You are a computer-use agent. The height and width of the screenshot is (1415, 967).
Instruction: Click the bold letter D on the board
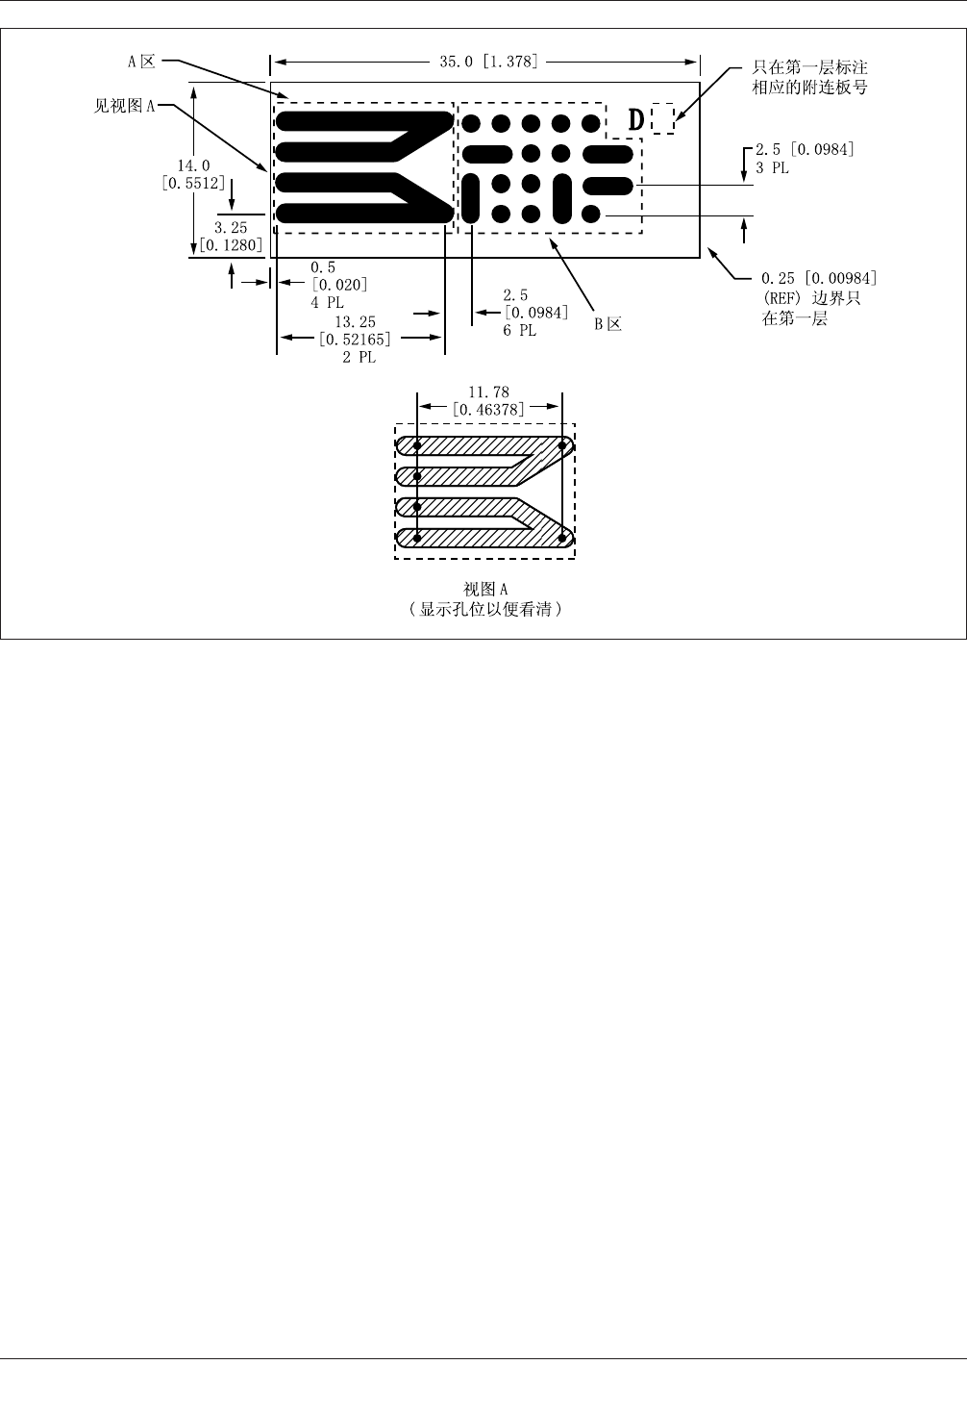(636, 120)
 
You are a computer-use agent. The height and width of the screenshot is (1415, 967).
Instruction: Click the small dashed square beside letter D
(662, 119)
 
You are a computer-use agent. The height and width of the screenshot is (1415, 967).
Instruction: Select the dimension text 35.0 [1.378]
(488, 63)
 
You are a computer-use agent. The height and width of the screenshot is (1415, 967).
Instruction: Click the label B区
(607, 324)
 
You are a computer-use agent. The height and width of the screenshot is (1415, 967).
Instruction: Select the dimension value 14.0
(193, 166)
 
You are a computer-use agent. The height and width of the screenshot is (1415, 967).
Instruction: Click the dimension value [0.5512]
(193, 183)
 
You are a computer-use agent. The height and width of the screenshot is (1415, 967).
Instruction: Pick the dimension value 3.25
(231, 228)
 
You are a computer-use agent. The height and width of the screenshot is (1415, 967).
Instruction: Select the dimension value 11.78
(488, 392)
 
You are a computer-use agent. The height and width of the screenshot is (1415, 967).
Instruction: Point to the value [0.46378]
(488, 409)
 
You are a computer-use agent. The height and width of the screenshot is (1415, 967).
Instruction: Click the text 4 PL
(327, 302)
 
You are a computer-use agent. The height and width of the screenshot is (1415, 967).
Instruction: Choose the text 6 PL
(519, 331)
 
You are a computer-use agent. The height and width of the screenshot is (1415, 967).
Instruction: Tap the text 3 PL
(772, 167)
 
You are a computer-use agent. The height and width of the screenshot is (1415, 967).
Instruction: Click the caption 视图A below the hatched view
(484, 590)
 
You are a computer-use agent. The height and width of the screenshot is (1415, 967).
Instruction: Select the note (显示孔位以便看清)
(484, 610)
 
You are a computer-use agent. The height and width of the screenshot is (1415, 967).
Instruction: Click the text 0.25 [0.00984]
(819, 279)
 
